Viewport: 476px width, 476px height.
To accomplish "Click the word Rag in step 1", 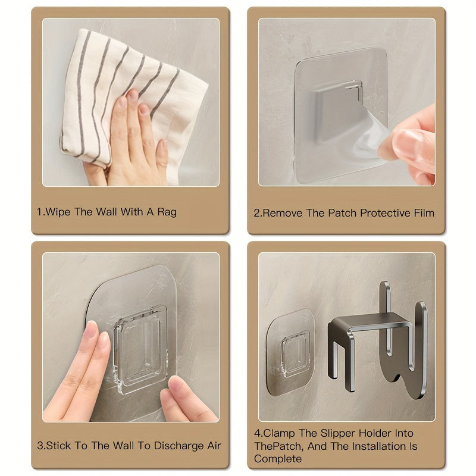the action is pos(167,212).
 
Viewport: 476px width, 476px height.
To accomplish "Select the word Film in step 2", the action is pos(424,213).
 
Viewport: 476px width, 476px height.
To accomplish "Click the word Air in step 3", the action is pos(214,446).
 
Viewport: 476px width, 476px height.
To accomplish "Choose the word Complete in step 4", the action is pos(278,458).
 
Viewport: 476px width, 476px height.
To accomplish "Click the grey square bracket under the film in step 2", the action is pos(336,111).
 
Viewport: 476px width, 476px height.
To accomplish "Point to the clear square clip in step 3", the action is pos(140,350).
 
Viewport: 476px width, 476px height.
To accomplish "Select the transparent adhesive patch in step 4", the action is pos(290,353).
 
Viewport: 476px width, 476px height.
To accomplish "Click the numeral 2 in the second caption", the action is pos(256,213).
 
